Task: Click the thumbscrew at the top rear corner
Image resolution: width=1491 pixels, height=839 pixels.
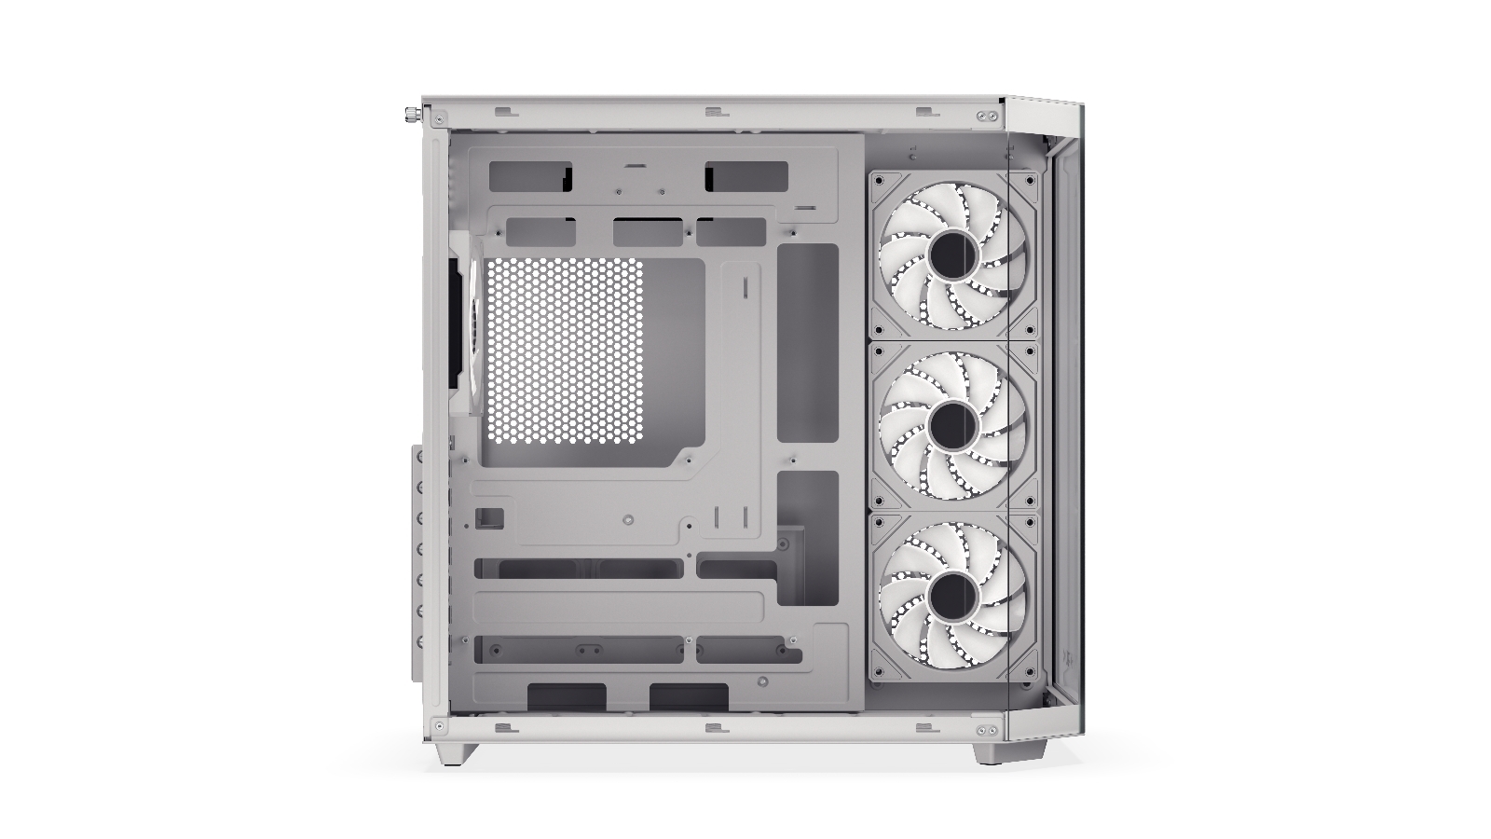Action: pyautogui.click(x=410, y=117)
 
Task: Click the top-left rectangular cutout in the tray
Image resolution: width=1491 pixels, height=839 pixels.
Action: pyautogui.click(x=529, y=174)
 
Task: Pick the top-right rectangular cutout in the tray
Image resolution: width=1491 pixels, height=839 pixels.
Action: pyautogui.click(x=746, y=174)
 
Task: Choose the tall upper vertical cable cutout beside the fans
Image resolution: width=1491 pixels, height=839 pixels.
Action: pyautogui.click(x=808, y=343)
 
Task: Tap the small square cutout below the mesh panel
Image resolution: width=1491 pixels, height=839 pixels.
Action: pyautogui.click(x=491, y=517)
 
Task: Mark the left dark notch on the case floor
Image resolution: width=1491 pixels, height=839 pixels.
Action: pyautogui.click(x=567, y=696)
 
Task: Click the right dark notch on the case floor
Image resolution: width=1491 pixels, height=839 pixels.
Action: pyautogui.click(x=689, y=696)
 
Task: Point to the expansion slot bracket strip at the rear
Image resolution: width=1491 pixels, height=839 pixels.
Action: pyautogui.click(x=417, y=564)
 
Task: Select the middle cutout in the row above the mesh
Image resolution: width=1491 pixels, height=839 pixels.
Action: pyautogui.click(x=651, y=232)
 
